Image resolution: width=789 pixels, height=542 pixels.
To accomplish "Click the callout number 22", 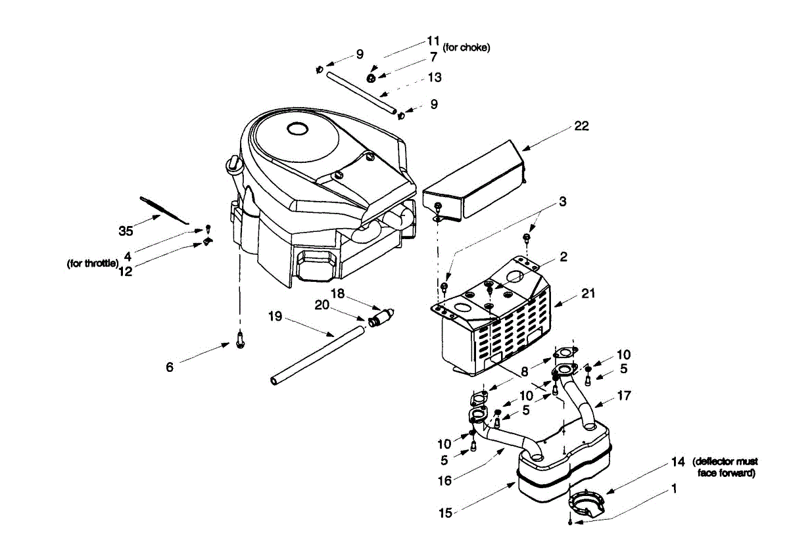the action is pos(581,126).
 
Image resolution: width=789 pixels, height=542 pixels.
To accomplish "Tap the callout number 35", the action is pos(126,231).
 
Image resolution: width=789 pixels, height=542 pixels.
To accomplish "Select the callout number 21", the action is pos(588,293).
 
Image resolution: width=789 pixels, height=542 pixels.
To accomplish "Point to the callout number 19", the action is pos(275,316).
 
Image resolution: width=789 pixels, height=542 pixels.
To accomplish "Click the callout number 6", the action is pos(170,367).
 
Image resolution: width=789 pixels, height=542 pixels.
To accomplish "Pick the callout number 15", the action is pos(445,513).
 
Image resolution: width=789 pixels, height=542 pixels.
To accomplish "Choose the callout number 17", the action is pos(624,395).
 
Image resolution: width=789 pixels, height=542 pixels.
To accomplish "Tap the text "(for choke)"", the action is pos(466,47).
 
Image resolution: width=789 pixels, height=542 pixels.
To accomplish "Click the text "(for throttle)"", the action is pos(93,263).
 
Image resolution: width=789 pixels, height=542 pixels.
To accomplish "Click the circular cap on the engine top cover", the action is pos(298,129).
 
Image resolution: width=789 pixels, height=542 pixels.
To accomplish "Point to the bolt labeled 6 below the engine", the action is pos(240,340).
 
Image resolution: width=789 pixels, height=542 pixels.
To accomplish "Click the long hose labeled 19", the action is pos(317,355).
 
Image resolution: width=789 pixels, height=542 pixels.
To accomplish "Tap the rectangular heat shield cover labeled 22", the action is pos(474,181).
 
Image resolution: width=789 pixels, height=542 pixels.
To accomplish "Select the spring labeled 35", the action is pos(164,210).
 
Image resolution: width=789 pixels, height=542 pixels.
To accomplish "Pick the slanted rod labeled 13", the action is pos(362,93).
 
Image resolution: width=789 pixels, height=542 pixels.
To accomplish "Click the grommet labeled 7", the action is pos(371,78).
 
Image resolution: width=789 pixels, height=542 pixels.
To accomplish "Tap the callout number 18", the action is pos(337,294).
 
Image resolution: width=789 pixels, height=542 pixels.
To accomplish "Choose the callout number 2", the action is pos(563,257).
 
